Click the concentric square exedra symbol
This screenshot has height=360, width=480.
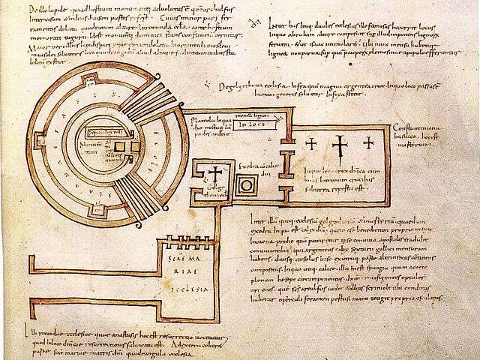pyautogui.click(x=245, y=184)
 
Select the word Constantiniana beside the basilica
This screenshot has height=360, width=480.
pyautogui.click(x=418, y=128)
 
